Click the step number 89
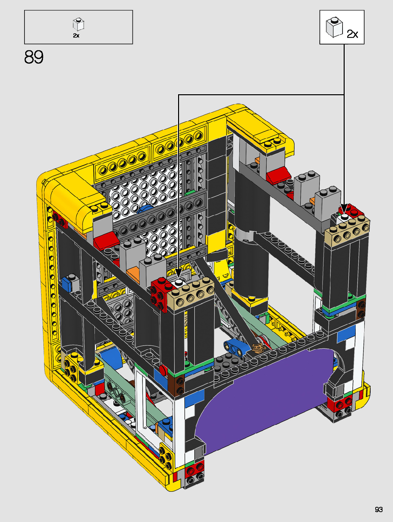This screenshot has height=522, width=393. pos(34,57)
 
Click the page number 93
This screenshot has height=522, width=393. pos(379,509)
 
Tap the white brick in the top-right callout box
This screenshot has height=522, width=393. pos(334,27)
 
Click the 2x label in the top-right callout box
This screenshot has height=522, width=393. pos(352,34)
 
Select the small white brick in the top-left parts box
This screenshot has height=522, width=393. pos(79,25)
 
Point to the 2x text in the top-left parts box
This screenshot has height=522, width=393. pos(76,36)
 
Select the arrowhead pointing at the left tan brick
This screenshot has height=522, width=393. pos(179,273)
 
